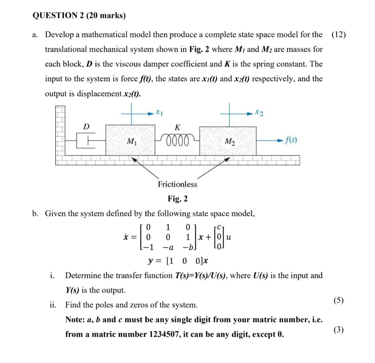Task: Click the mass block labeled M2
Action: (x=228, y=141)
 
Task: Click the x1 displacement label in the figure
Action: (x=159, y=110)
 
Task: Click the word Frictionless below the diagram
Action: (x=177, y=184)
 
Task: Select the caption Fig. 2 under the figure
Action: (x=178, y=199)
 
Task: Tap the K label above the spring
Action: (x=178, y=128)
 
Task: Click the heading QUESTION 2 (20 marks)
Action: (x=79, y=15)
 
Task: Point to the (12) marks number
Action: (x=338, y=35)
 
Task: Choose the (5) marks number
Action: (x=338, y=301)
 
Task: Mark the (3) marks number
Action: (x=338, y=330)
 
